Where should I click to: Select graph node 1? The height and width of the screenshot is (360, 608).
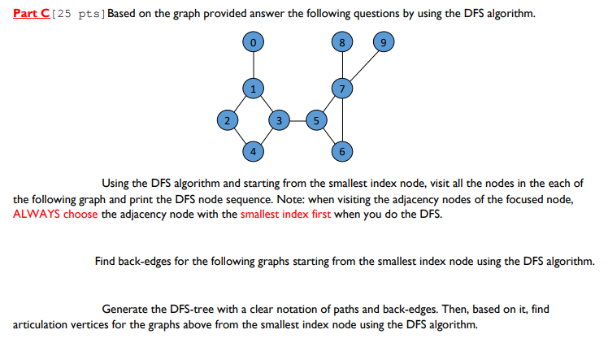(254, 89)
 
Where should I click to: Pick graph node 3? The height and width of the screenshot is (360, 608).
(280, 120)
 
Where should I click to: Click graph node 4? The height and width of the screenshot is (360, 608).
(254, 150)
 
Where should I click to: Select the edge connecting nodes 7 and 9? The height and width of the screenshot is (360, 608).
(364, 65)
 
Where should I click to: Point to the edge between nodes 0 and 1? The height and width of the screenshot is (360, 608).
(254, 65)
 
